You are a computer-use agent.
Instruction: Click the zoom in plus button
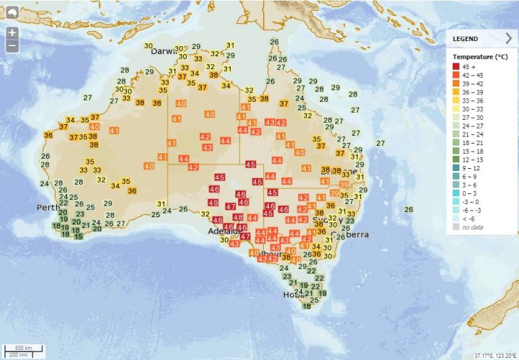[x=12, y=33]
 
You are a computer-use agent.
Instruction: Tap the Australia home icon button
[x=12, y=12]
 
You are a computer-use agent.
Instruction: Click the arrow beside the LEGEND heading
[x=509, y=38]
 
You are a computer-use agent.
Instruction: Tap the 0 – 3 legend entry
[x=469, y=193]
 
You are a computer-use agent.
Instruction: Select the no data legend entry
[x=473, y=227]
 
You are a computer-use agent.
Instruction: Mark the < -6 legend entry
[x=469, y=219]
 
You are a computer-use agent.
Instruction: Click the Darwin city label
[x=164, y=51]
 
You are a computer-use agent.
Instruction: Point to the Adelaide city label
[x=218, y=232]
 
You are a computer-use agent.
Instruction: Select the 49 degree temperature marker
[x=213, y=203]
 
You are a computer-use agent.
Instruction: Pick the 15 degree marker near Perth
[x=79, y=235]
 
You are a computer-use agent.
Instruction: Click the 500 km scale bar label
[x=24, y=347]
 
